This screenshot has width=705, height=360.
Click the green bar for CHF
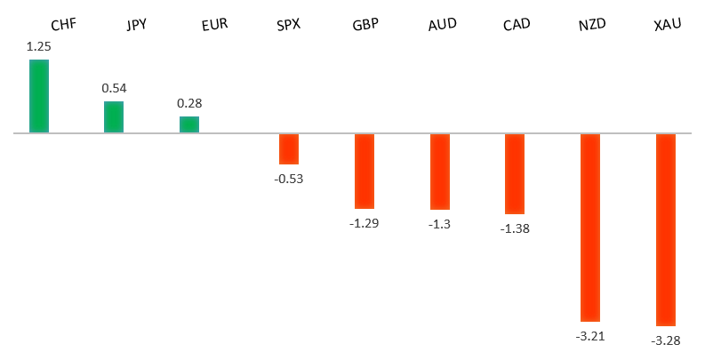click(39, 96)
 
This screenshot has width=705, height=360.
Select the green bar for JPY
click(114, 116)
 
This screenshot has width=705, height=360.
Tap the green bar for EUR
click(189, 124)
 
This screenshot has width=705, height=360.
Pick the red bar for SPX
click(289, 148)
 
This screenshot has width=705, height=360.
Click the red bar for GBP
click(365, 171)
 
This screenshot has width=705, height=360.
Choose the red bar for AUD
click(440, 172)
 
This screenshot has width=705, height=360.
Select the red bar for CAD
click(515, 173)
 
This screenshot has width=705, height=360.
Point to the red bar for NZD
click(590, 227)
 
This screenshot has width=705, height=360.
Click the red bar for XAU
click(666, 229)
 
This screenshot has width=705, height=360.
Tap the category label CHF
click(65, 24)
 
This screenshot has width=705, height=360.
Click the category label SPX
click(289, 24)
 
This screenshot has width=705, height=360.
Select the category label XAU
click(667, 24)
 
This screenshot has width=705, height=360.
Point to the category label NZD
click(591, 24)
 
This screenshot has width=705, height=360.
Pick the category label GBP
click(365, 24)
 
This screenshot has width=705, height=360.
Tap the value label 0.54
click(114, 88)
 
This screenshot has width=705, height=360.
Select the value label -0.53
click(289, 179)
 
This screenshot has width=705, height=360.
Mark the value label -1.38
click(515, 228)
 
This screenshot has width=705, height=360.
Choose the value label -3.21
click(590, 336)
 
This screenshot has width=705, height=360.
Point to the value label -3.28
click(666, 340)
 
